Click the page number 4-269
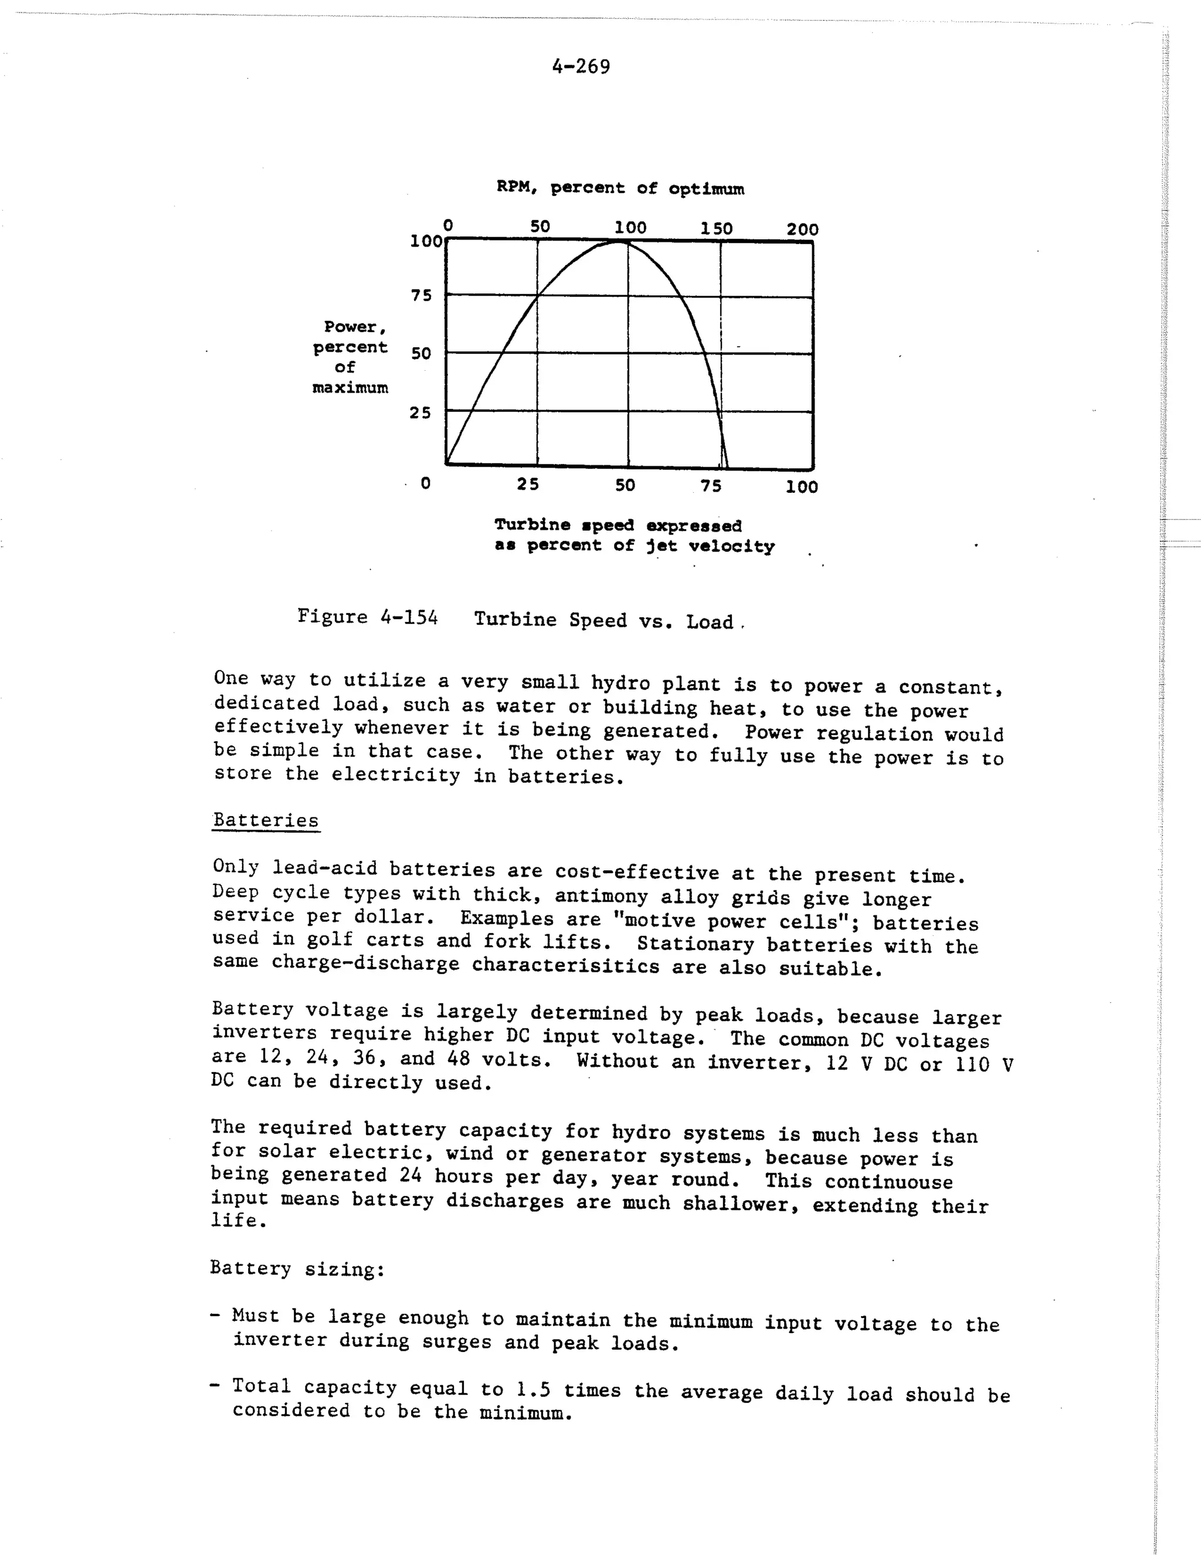581,67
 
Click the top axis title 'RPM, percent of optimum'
620,189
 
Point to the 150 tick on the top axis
717,228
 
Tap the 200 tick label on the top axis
803,229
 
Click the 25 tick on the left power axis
420,413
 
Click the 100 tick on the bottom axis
802,487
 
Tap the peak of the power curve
619,242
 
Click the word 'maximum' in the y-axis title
350,388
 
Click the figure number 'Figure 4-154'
367,617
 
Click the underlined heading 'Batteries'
266,820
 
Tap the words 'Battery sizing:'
297,1269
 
